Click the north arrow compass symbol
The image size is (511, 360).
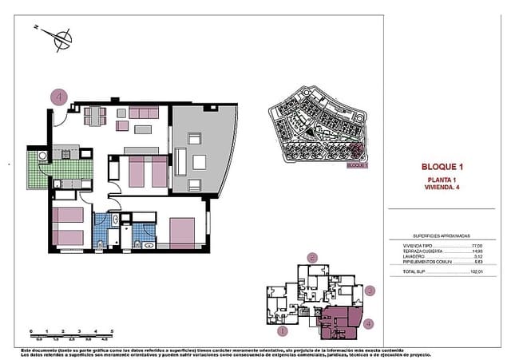point(58,36)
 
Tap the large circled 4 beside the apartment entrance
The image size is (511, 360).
point(57,97)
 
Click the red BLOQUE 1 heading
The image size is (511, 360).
point(442,167)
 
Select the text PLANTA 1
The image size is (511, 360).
point(442,181)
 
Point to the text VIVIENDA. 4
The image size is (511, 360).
point(442,189)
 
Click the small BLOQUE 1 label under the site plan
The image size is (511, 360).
point(357,165)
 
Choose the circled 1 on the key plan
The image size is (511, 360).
point(281,330)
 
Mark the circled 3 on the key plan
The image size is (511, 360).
point(370,291)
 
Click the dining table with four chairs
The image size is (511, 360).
point(95,116)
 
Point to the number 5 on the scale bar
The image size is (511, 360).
point(112,330)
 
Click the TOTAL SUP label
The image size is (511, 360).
point(414,271)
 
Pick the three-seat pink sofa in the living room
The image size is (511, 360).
point(144,113)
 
